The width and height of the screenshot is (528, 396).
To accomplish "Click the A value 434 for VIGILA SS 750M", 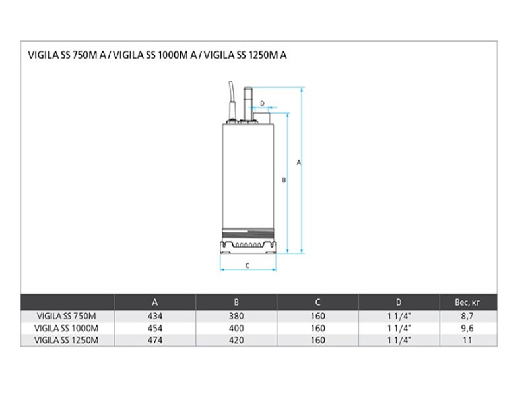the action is pyautogui.click(x=155, y=316).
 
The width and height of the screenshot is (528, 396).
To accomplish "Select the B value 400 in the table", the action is pyautogui.click(x=236, y=328).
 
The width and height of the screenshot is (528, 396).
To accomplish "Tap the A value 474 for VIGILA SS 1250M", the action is pyautogui.click(x=155, y=340).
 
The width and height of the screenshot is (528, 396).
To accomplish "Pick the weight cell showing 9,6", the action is pyautogui.click(x=467, y=328).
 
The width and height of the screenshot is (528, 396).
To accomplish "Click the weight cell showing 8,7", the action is pyautogui.click(x=467, y=316).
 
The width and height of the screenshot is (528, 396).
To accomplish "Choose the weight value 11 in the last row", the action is pyautogui.click(x=467, y=340).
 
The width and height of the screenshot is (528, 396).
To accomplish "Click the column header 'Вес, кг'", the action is pyautogui.click(x=467, y=302).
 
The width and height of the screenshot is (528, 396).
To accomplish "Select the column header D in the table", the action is pyautogui.click(x=399, y=302).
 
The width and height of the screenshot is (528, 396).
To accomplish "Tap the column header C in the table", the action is pyautogui.click(x=317, y=302).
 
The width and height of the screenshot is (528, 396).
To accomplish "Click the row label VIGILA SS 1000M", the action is pyautogui.click(x=67, y=328).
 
